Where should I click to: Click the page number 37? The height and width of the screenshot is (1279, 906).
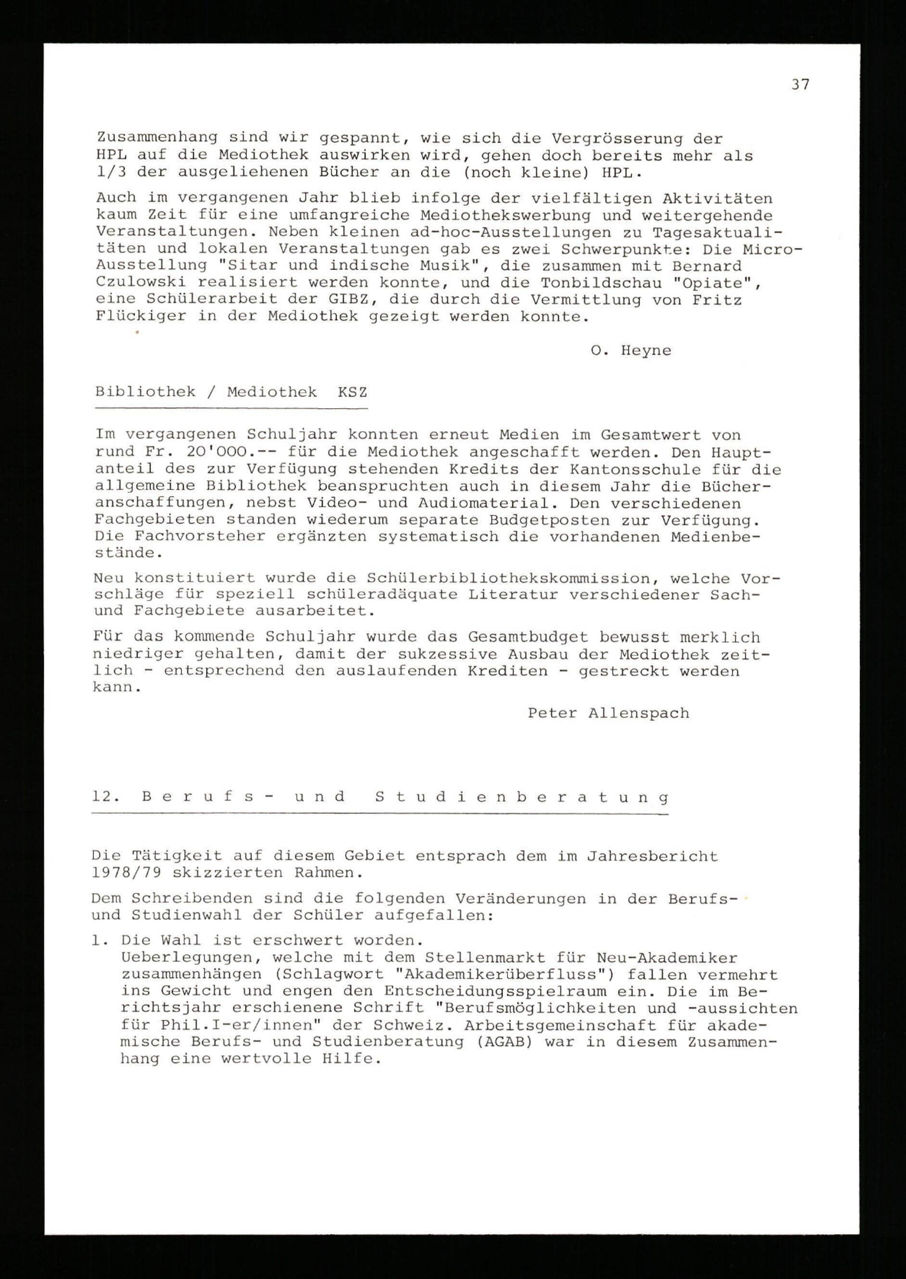click(800, 85)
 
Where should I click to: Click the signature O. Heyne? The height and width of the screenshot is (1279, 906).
click(631, 351)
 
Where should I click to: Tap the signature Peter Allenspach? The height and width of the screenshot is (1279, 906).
click(608, 713)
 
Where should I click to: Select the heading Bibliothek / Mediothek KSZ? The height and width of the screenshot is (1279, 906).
click(231, 392)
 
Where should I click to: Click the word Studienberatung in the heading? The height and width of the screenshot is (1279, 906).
click(521, 797)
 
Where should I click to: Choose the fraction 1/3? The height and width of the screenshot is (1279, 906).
click(111, 173)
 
